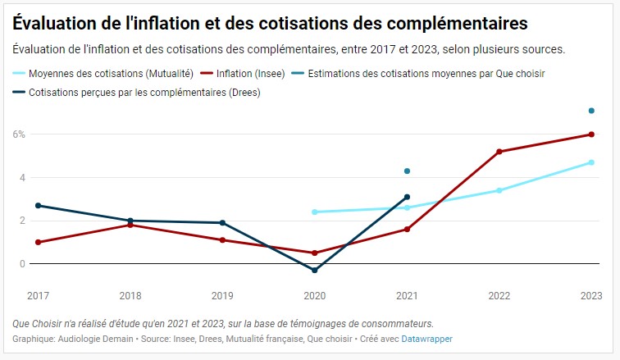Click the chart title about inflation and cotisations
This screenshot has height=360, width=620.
click(270, 22)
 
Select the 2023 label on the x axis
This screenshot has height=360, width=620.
click(591, 294)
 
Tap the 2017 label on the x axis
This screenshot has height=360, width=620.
click(39, 294)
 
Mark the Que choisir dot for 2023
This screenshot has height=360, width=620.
click(591, 111)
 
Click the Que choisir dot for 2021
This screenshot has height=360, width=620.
click(407, 171)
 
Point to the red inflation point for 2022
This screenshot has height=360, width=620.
click(499, 152)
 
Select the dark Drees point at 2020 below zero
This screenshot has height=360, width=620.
click(315, 270)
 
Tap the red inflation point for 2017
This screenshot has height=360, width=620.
click(39, 242)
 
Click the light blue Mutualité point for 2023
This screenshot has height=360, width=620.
click(591, 162)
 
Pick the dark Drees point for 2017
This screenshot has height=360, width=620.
click(39, 205)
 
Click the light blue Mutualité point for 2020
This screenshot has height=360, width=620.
click(315, 212)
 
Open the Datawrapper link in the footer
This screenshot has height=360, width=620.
click(426, 339)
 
